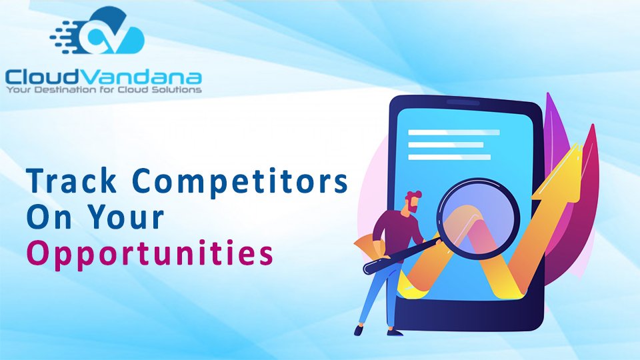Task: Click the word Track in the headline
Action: pyautogui.click(x=72, y=181)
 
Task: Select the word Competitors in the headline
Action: pyautogui.click(x=240, y=183)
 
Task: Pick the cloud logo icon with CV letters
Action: pyautogui.click(x=97, y=31)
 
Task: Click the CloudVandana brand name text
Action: pyautogui.click(x=103, y=77)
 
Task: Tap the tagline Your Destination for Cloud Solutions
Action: pyautogui.click(x=104, y=89)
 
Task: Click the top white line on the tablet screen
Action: pyautogui.click(x=454, y=132)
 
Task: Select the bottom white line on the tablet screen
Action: pyautogui.click(x=449, y=157)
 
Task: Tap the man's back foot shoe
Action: pyautogui.click(x=359, y=330)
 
